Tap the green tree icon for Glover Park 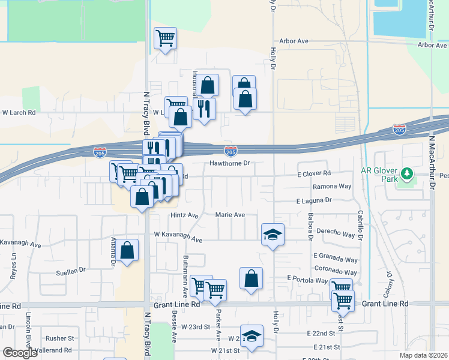tap(407, 174)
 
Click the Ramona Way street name tap(331, 187)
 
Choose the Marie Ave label tap(231, 214)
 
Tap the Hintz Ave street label tap(184, 215)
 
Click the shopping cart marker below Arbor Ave tap(165, 39)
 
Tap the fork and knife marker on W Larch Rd tap(204, 109)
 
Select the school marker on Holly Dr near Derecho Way tap(273, 234)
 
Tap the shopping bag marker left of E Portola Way tap(251, 278)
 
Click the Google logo tap(20, 353)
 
